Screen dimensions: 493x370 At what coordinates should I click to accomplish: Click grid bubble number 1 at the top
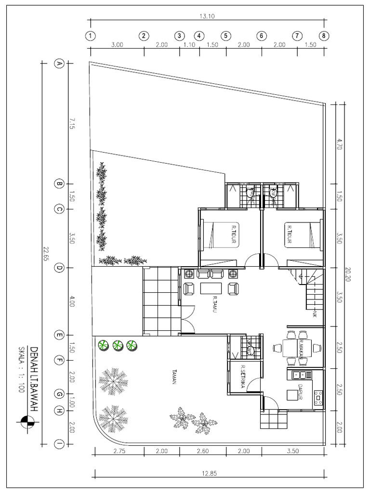point(90,36)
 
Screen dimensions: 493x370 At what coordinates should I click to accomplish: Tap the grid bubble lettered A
point(59,64)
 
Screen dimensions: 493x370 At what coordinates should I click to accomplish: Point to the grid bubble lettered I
point(59,444)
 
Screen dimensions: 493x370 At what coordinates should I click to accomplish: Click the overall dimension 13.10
point(207,16)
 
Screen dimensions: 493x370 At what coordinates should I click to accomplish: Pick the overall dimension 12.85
point(209,473)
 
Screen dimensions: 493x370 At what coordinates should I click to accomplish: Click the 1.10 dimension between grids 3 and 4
point(189,45)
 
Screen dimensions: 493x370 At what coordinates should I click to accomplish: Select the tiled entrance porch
point(160,302)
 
